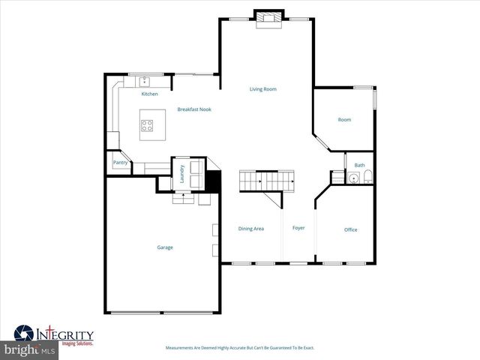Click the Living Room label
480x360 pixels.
263,89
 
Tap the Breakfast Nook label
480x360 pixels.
194,109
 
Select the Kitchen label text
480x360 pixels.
150,94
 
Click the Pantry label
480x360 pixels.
119,162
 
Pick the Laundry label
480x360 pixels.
182,173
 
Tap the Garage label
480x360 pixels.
165,247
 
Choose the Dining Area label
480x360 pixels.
250,228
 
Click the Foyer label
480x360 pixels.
298,228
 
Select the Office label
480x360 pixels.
350,229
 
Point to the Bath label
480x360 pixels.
359,165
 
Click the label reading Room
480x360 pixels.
344,119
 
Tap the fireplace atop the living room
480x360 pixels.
268,19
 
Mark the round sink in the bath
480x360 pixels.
353,178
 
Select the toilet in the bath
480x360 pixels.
367,178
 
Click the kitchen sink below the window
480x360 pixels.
145,80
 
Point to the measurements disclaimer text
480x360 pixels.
239,348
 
